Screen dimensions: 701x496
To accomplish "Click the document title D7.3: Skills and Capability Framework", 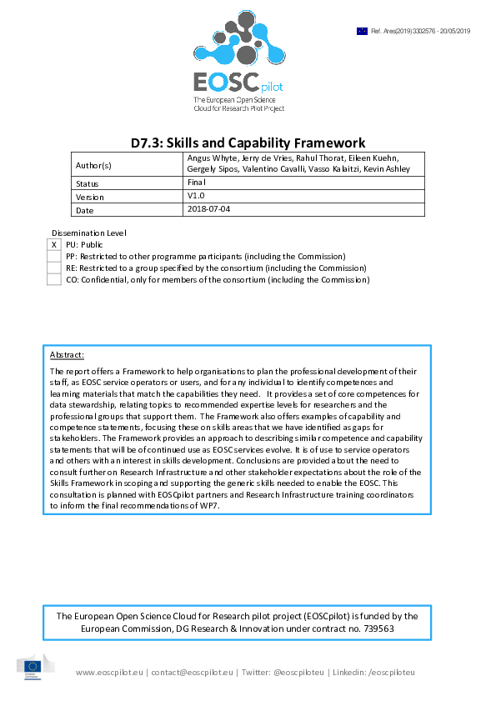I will pos(248,143).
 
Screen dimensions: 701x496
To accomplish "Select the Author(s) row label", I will pos(93,165).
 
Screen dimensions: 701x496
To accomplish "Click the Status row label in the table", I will pos(88,183).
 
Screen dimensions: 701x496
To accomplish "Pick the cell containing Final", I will pos(198,182).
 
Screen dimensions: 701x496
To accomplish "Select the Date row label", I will pos(84,210).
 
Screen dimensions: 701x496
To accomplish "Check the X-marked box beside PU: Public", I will pos(54,245).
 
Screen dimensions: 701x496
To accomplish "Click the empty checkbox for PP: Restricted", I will pos(54,257).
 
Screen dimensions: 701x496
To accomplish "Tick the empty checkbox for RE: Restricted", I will pos(54,268).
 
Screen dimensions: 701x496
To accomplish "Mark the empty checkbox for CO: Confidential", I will pos(54,280).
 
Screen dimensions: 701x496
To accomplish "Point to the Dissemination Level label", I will pos(89,233).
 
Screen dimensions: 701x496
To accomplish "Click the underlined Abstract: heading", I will pos(67,355).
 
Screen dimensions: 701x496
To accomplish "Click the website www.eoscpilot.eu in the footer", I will pos(110,672).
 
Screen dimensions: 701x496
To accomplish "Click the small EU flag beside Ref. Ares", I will pos(362,31).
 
